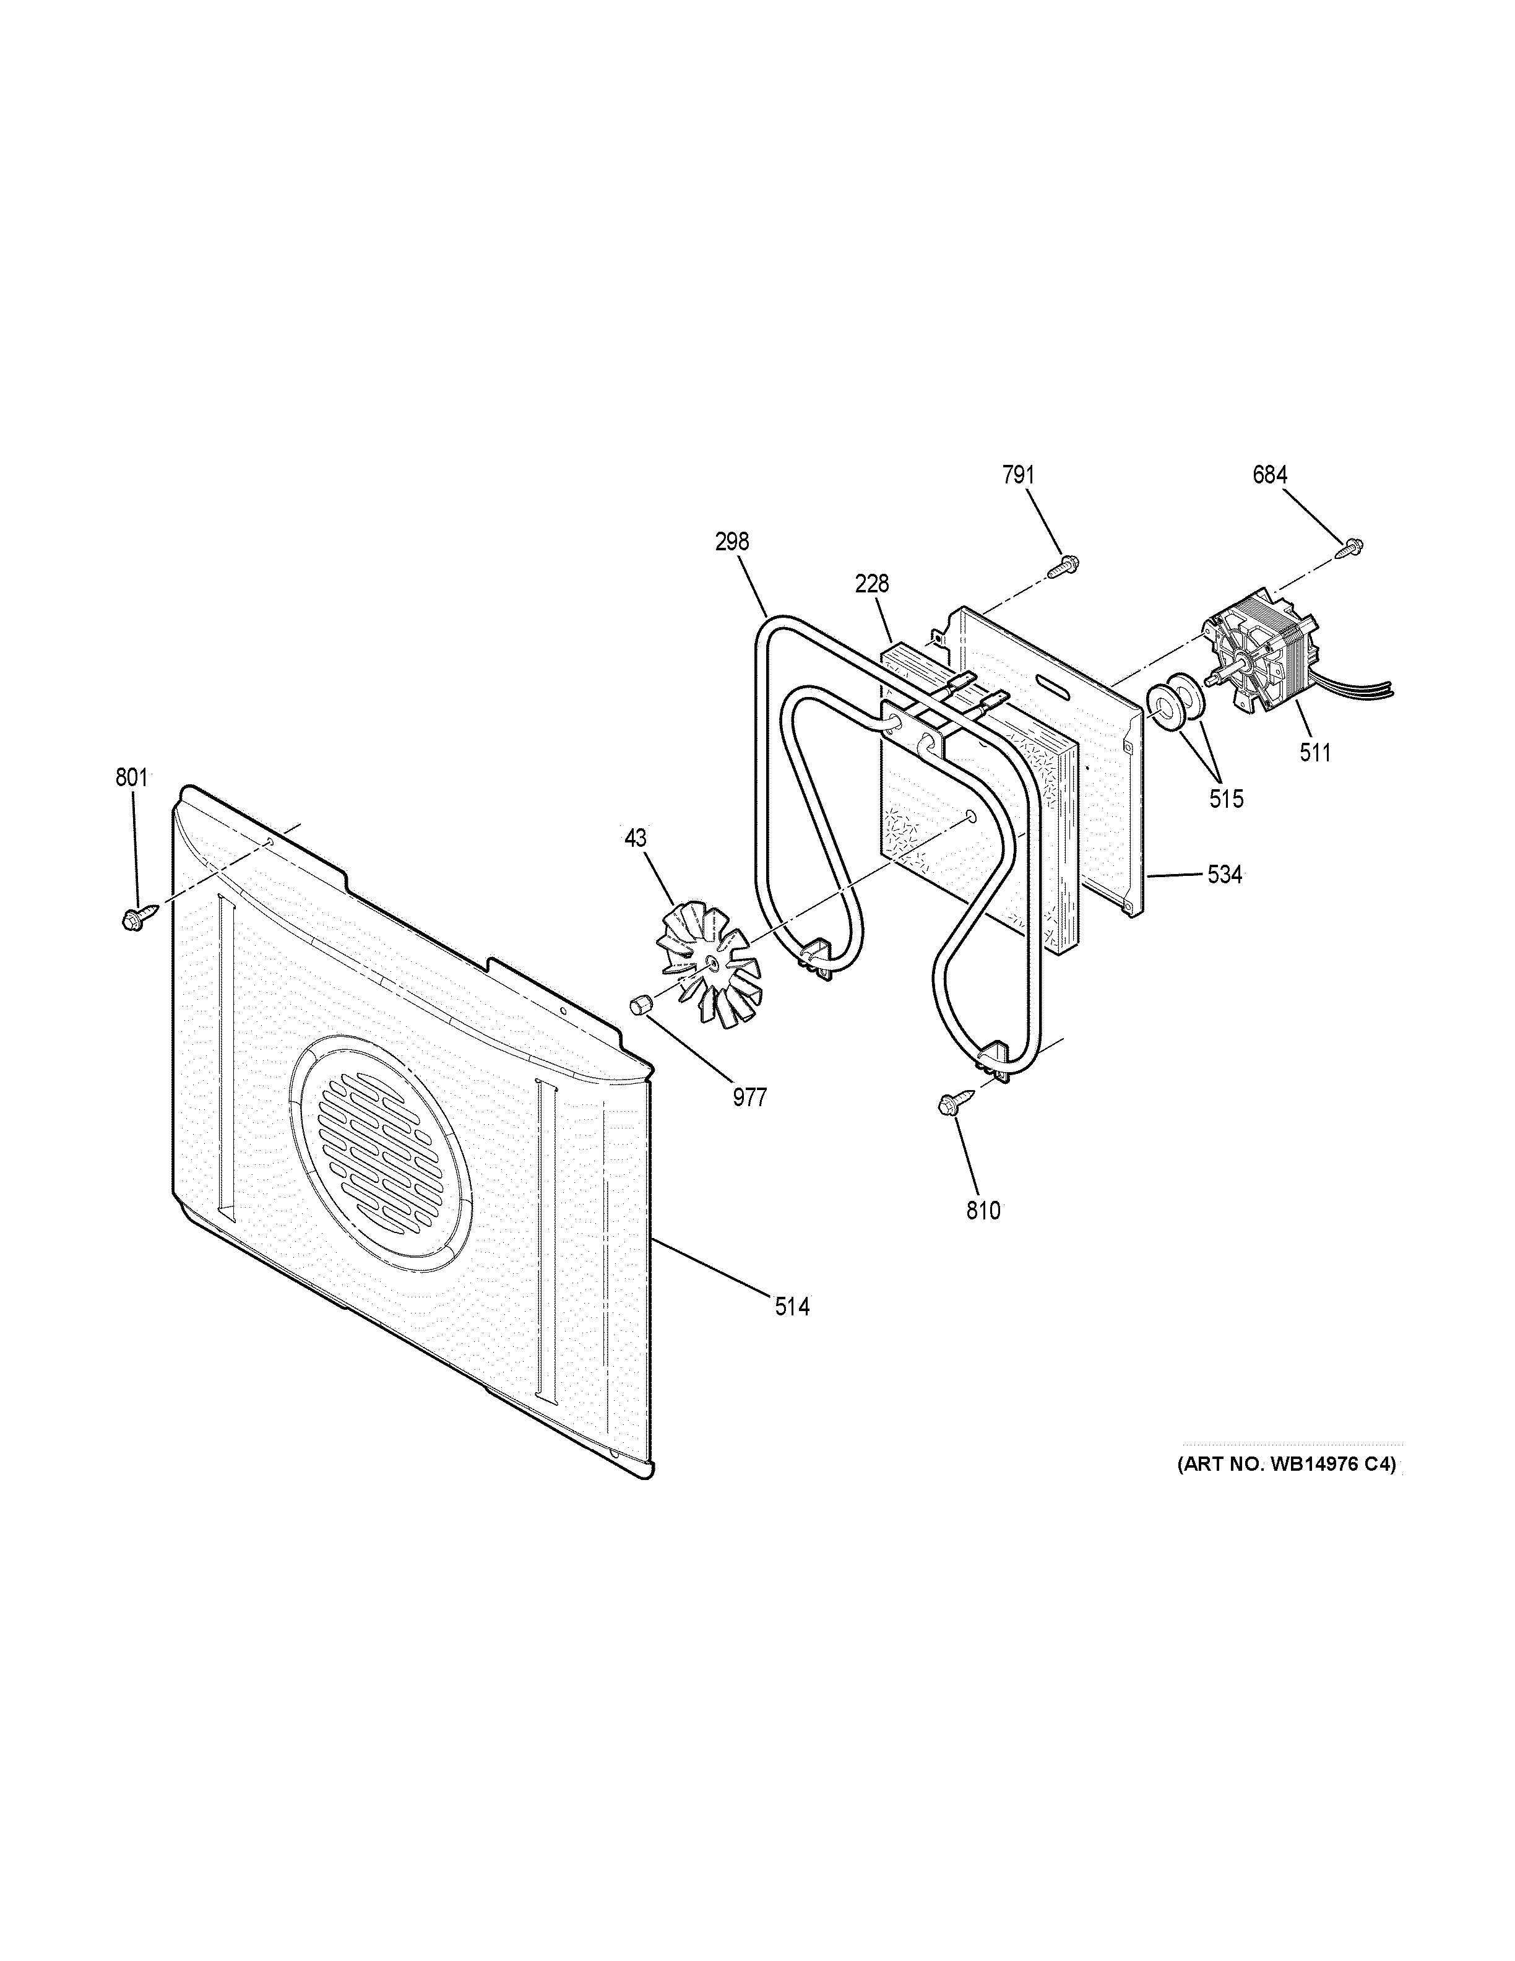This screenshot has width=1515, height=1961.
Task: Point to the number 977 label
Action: (x=749, y=1097)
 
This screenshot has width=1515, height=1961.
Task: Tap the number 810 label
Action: (x=983, y=1211)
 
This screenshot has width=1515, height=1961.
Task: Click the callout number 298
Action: (x=732, y=542)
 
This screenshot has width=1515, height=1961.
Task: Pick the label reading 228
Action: (x=871, y=584)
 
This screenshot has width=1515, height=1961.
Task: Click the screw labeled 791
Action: (x=1063, y=565)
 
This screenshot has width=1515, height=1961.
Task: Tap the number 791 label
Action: (x=1019, y=475)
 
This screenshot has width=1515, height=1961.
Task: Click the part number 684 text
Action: (x=1270, y=475)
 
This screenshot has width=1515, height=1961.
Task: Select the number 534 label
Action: (x=1224, y=873)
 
